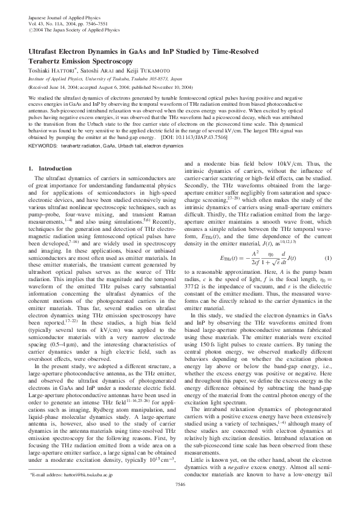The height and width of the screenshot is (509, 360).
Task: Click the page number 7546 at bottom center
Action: (x=180, y=501)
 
